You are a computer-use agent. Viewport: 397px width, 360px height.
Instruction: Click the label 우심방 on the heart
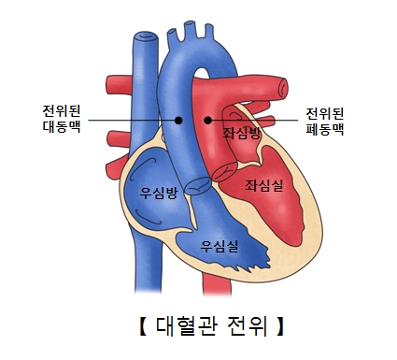pos(158,194)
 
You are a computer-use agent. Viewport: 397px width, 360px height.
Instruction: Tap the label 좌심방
pos(242,135)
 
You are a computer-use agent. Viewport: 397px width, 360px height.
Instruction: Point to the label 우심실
pos(220,246)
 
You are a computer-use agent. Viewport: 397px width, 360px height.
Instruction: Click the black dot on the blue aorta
pos(178,120)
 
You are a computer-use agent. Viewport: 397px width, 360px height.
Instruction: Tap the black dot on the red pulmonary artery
pos(208,120)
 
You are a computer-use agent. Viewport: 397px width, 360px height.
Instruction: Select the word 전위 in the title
pos(244,327)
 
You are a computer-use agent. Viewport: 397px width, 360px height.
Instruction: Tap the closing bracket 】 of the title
pos(278,327)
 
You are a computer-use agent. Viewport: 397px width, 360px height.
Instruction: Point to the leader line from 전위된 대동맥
pos(131,120)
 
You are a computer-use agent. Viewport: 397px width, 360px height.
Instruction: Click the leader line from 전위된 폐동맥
pos(257,120)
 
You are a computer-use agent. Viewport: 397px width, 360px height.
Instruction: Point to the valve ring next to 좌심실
pos(225,172)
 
